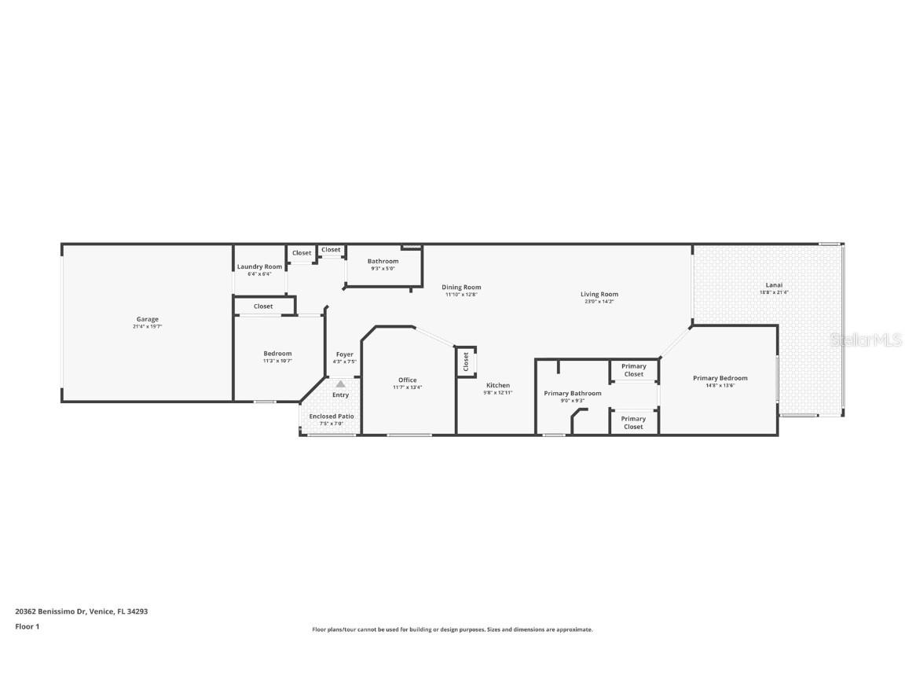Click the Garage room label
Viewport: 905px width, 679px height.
(148, 319)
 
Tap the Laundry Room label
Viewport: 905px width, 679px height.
(259, 267)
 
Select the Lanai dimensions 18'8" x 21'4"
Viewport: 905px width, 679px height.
(774, 292)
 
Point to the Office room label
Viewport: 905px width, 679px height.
(407, 380)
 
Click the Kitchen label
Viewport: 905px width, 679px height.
(497, 385)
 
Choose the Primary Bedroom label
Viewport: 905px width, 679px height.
(720, 378)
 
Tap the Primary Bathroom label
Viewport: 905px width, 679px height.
(573, 393)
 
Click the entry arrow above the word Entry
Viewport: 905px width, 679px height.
(340, 384)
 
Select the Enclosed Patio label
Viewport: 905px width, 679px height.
(331, 417)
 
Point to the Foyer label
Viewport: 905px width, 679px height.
(344, 354)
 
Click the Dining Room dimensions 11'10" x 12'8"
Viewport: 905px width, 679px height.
(461, 295)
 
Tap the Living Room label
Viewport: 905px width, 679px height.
(599, 294)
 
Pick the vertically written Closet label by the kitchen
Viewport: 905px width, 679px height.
(466, 362)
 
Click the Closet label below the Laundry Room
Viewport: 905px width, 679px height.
(263, 306)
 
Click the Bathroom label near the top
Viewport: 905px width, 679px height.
(383, 261)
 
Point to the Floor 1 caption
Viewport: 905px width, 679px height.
(27, 626)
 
